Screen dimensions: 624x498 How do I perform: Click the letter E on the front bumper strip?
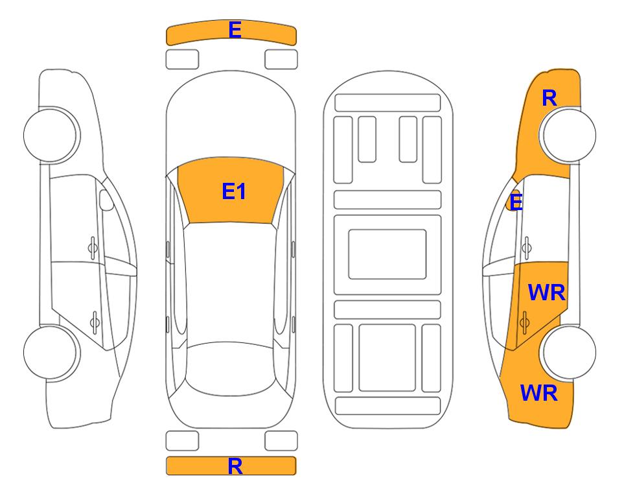235,30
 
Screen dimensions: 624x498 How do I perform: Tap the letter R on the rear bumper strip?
235,466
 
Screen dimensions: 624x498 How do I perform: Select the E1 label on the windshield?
234,191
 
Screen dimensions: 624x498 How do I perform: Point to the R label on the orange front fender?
549,98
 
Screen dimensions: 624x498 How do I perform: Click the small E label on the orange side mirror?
516,202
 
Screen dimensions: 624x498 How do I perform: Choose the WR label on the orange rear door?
546,293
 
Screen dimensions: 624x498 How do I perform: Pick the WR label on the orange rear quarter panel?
539,393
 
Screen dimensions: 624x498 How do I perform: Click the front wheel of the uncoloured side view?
51,136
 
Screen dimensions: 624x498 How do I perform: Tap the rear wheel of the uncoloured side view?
51,352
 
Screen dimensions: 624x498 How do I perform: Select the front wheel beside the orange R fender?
568,136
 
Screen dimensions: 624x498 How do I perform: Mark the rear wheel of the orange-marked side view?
568,352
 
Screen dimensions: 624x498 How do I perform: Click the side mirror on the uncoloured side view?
106,200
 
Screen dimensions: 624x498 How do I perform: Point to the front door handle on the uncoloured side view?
93,248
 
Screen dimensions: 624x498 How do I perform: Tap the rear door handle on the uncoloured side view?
95,322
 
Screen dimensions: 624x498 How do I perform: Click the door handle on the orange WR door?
524,322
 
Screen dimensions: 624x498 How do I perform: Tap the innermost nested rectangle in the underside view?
387,254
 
